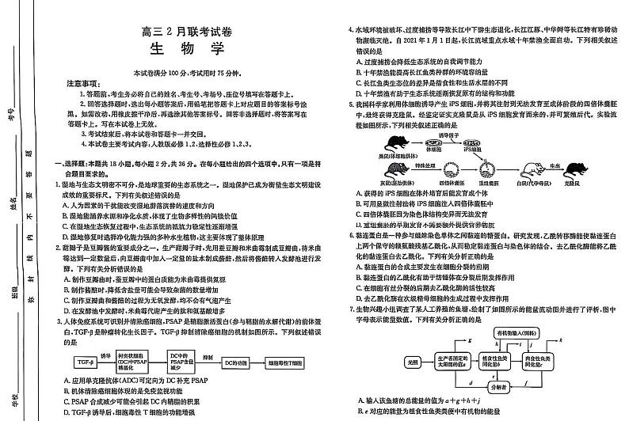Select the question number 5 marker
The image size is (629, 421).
(x=351, y=103)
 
